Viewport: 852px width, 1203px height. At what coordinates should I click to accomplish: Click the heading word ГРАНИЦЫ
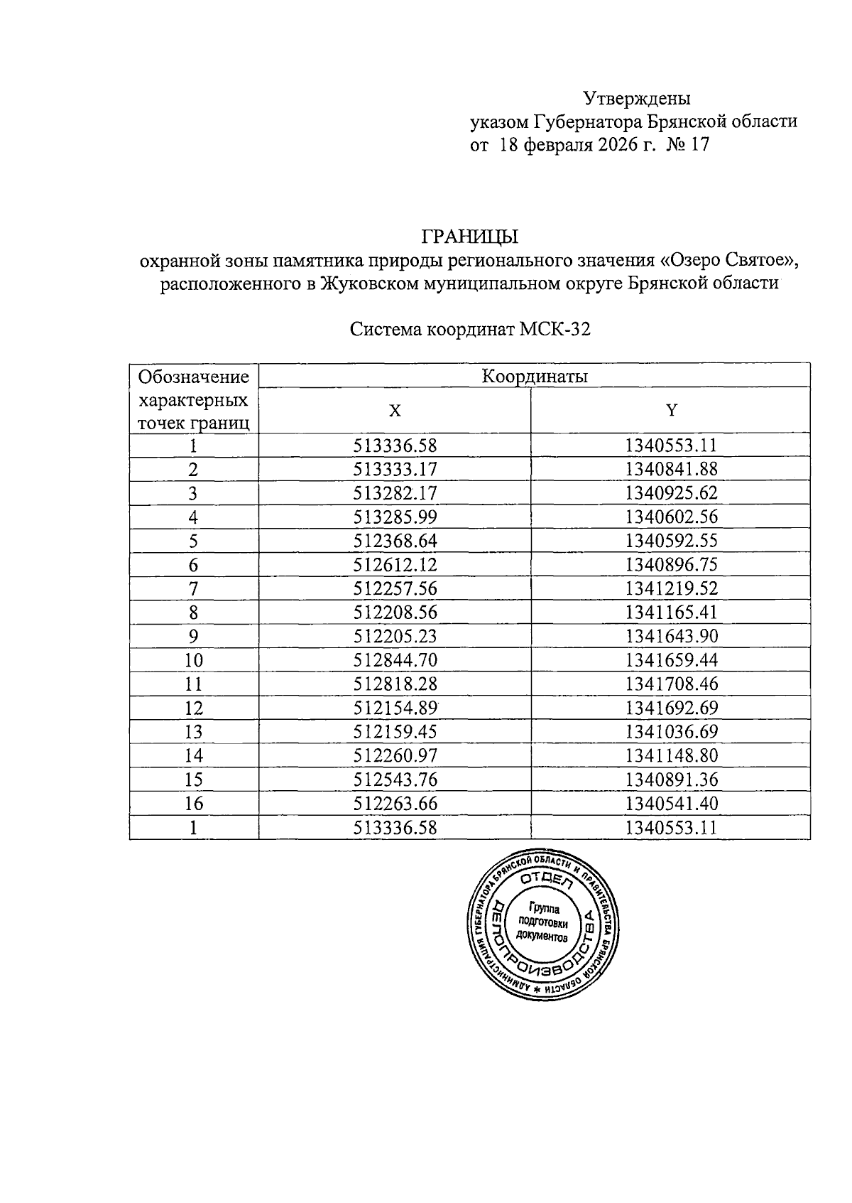[469, 235]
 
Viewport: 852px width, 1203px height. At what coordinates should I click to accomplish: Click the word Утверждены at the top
[636, 98]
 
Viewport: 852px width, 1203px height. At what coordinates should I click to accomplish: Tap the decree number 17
[699, 146]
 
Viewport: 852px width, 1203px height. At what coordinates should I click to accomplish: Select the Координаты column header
[535, 376]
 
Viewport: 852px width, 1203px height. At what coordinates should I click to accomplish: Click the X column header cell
[395, 411]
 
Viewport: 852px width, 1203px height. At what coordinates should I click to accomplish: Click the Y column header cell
[671, 411]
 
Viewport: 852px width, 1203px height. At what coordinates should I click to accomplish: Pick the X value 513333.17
[395, 470]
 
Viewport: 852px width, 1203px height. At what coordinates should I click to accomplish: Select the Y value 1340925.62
[671, 493]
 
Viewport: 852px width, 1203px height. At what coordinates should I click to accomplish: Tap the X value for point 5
[395, 541]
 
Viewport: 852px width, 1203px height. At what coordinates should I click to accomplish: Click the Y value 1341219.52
[671, 588]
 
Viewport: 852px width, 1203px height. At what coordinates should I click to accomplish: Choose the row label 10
[194, 660]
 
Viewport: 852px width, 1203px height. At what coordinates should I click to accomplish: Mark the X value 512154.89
[395, 708]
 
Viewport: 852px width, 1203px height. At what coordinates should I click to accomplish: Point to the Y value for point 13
[671, 732]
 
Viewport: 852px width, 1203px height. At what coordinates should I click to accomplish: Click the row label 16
[194, 804]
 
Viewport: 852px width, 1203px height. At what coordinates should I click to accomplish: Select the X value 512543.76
[395, 779]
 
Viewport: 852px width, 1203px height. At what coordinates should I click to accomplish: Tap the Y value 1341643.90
[671, 636]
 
